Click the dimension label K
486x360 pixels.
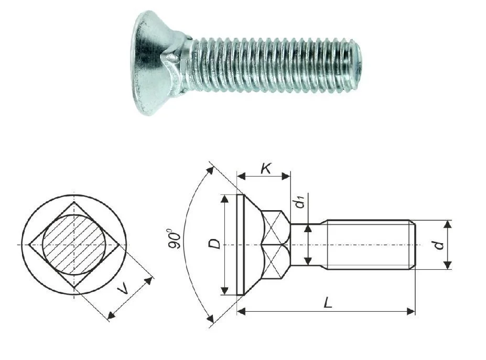(266, 169)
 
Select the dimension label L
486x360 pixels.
(328, 302)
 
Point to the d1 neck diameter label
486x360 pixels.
(300, 203)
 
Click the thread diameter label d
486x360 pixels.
(439, 245)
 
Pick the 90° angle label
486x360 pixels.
(175, 238)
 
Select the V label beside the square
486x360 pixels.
(123, 290)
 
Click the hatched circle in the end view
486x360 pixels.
(74, 245)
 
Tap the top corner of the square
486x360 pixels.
(74, 202)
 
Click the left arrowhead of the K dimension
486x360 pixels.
(241, 177)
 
